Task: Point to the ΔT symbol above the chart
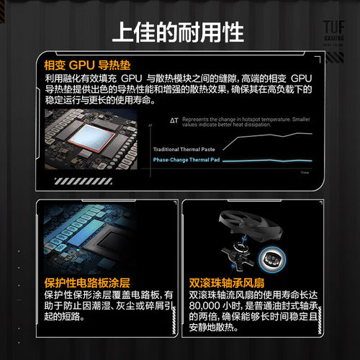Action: (174, 119)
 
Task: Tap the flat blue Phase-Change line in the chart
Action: (266, 159)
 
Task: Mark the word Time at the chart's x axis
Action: (304, 173)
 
